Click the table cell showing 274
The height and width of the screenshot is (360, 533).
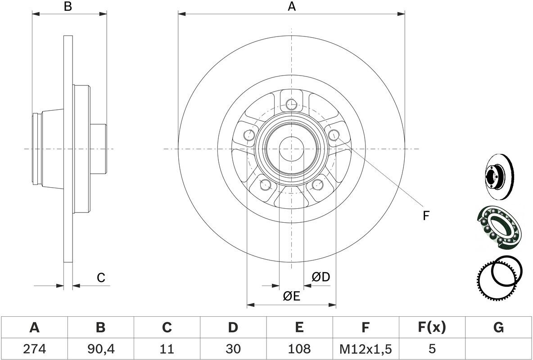[x=34, y=348]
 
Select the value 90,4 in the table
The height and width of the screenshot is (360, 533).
[x=100, y=348]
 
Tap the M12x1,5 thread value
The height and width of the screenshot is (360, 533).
[x=366, y=348]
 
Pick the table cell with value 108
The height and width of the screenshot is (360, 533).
[x=299, y=348]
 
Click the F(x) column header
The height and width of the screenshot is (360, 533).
[x=432, y=327]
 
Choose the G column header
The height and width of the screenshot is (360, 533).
[x=498, y=327]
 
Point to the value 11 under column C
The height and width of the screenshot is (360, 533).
[x=167, y=348]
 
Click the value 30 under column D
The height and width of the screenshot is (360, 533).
[x=233, y=348]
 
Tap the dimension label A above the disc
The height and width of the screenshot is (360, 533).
[x=292, y=6]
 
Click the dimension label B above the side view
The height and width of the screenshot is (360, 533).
[x=68, y=6]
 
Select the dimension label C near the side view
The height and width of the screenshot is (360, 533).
[x=101, y=278]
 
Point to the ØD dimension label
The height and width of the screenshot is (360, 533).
[x=321, y=277]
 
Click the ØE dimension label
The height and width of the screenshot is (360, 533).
[x=292, y=297]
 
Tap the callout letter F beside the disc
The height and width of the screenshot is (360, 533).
[x=426, y=216]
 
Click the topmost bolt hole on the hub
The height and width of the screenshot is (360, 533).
[x=291, y=104]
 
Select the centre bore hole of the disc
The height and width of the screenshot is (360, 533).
[x=291, y=149]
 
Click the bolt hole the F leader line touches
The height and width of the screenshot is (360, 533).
[x=334, y=135]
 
